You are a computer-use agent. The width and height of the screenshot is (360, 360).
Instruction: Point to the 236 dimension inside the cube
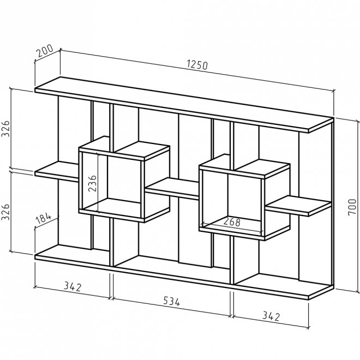click(93, 179)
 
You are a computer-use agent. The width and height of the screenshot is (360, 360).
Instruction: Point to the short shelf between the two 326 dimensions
click(57, 170)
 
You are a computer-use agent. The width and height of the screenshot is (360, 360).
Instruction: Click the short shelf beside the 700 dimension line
click(299, 205)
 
